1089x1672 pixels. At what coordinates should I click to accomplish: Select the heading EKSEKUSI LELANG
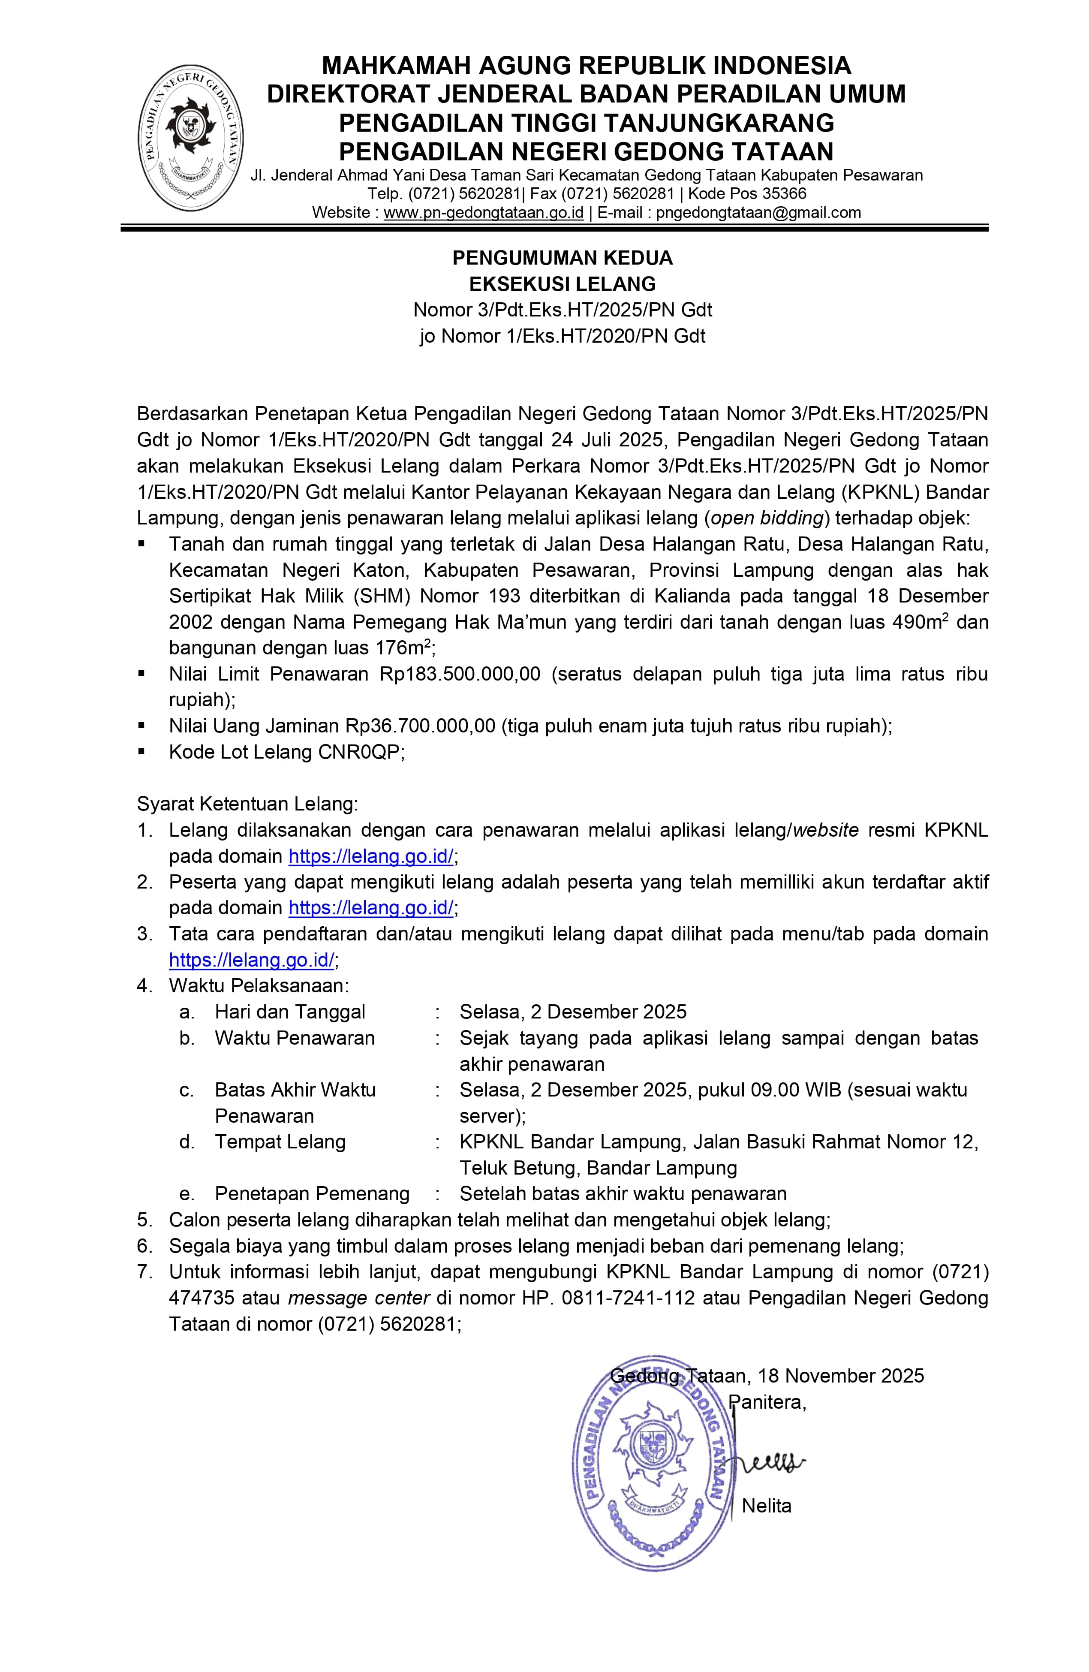[562, 284]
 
